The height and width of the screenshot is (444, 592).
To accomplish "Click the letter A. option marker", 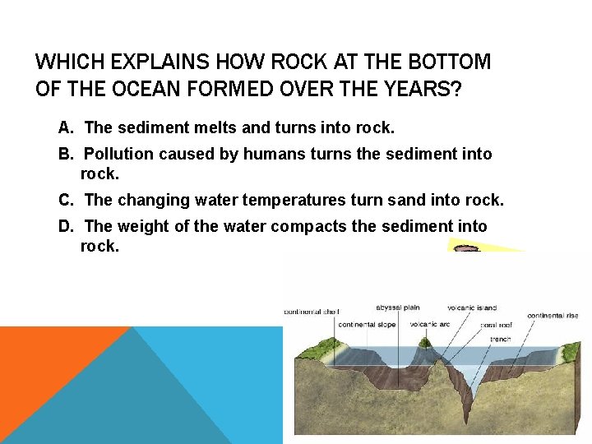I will point(67,127).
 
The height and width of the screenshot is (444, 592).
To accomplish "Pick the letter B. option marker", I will point(67,154).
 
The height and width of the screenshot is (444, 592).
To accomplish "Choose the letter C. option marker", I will point(67,200).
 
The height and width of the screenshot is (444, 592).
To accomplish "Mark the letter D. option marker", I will point(67,226).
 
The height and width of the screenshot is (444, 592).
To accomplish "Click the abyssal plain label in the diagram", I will point(398,308).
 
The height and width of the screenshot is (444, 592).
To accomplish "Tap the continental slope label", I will point(367,324).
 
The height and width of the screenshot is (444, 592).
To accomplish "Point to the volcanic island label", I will point(472,308).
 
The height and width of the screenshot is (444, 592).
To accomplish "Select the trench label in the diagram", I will point(499,339).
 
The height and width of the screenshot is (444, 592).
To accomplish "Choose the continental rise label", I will point(552,316).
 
